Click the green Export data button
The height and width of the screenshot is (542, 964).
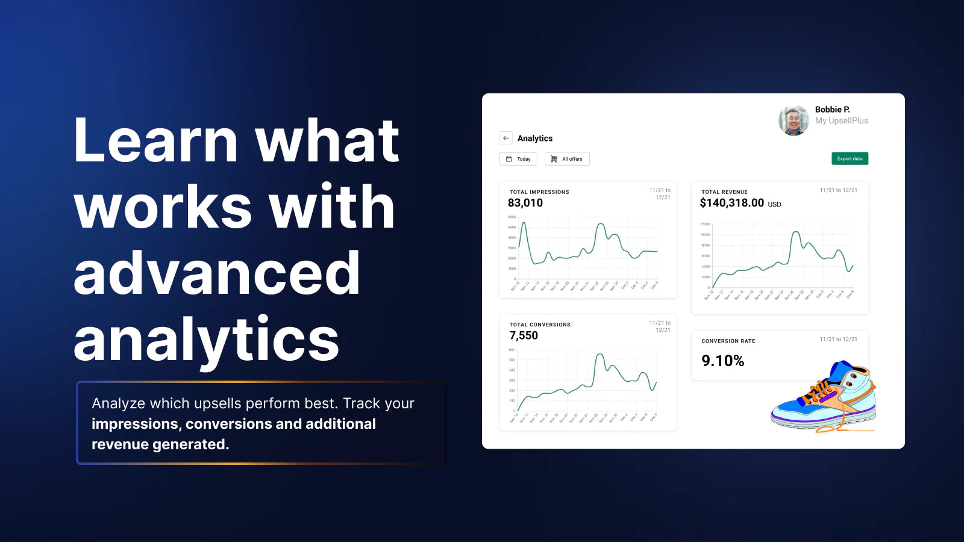coord(850,158)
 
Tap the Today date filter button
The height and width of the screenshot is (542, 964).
coord(518,159)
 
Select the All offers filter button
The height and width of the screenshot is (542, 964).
coord(567,159)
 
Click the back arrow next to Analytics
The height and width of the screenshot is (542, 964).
coord(506,138)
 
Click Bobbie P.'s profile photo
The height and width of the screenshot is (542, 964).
coord(793,120)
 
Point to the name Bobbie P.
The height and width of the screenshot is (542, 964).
coord(832,110)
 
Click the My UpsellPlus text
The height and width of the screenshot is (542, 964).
coord(841,120)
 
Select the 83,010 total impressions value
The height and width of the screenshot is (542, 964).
coord(525,203)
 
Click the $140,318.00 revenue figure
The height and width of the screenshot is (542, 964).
coord(732,203)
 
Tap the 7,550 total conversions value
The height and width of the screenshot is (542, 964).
coord(524,335)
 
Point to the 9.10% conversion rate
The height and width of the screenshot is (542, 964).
coord(723,361)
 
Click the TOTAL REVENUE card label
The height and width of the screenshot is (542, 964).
coord(724,192)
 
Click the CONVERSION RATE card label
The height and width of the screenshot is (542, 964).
coord(728,341)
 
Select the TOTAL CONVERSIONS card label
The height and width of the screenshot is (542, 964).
coord(540,325)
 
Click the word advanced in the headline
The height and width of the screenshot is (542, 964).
coord(217,274)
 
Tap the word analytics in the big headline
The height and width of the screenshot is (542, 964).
coord(206,340)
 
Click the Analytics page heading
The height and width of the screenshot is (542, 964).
coord(534,138)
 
